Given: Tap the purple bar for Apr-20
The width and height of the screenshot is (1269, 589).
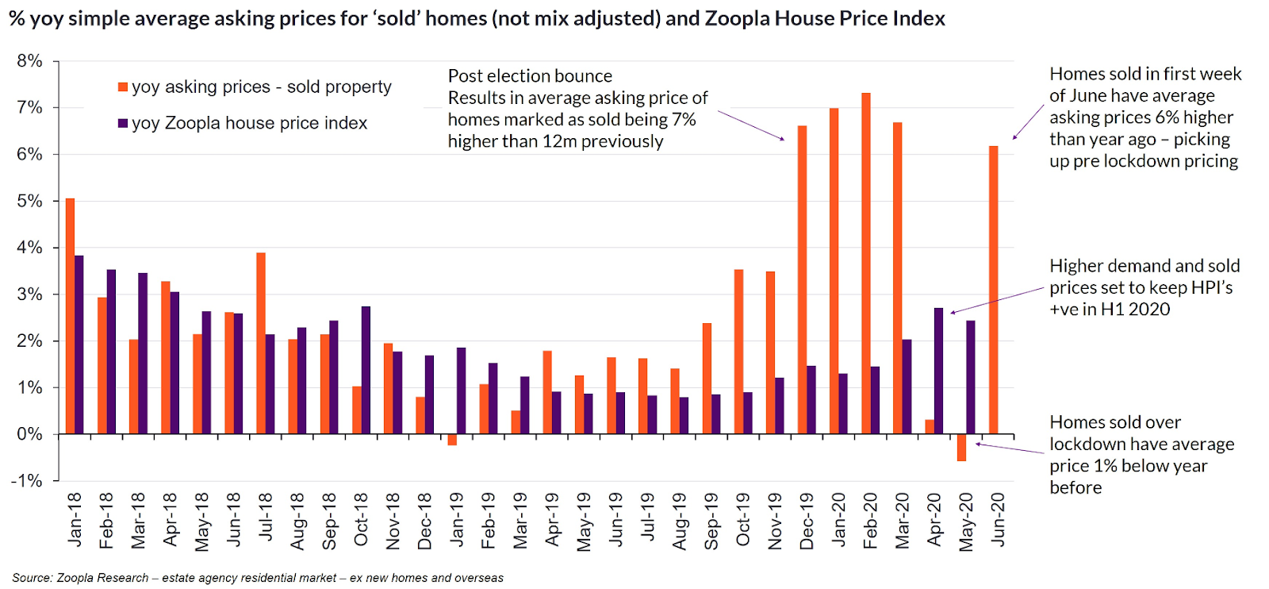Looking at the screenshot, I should tap(939, 371).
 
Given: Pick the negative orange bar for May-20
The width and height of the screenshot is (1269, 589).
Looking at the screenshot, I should tap(961, 448).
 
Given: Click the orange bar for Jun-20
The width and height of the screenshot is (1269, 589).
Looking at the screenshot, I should tap(994, 290).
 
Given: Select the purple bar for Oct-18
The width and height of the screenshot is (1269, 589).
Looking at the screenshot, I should tap(366, 370).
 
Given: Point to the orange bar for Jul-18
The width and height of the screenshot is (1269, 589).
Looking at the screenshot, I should tap(261, 343).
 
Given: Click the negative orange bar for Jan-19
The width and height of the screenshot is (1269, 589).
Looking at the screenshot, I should tap(452, 440).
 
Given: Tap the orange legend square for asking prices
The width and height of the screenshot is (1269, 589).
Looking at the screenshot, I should tap(123, 87).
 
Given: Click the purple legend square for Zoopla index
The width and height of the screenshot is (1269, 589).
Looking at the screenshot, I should tap(123, 124).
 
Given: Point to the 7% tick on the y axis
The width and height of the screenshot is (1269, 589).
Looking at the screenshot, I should tap(56, 107).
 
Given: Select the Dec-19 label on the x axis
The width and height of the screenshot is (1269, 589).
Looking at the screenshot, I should tap(807, 522).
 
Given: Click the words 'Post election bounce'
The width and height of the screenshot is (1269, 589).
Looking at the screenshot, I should tap(530, 76).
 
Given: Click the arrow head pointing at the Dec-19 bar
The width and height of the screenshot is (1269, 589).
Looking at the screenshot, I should tap(782, 140).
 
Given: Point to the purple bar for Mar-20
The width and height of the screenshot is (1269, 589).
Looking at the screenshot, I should tap(907, 387).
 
